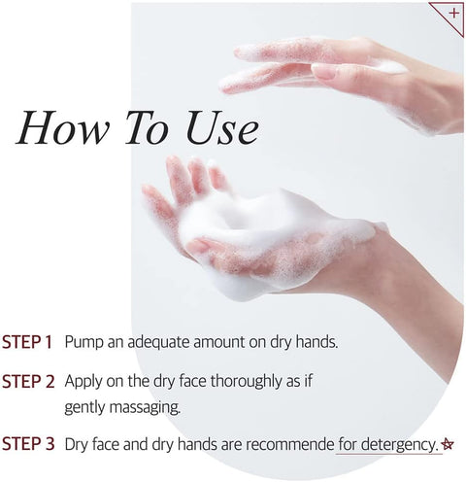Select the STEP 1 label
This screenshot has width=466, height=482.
(27, 342)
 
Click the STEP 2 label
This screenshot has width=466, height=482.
(28, 381)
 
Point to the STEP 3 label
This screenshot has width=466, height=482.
(28, 444)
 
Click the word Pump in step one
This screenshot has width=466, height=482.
(83, 343)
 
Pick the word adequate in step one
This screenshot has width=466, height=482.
(159, 342)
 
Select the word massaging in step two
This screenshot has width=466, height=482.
(145, 407)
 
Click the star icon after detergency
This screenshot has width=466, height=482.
(448, 444)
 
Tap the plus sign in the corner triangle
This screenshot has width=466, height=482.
(454, 13)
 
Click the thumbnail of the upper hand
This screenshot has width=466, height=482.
(324, 72)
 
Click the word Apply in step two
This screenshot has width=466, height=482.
(83, 382)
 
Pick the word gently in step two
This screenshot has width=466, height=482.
(84, 408)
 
